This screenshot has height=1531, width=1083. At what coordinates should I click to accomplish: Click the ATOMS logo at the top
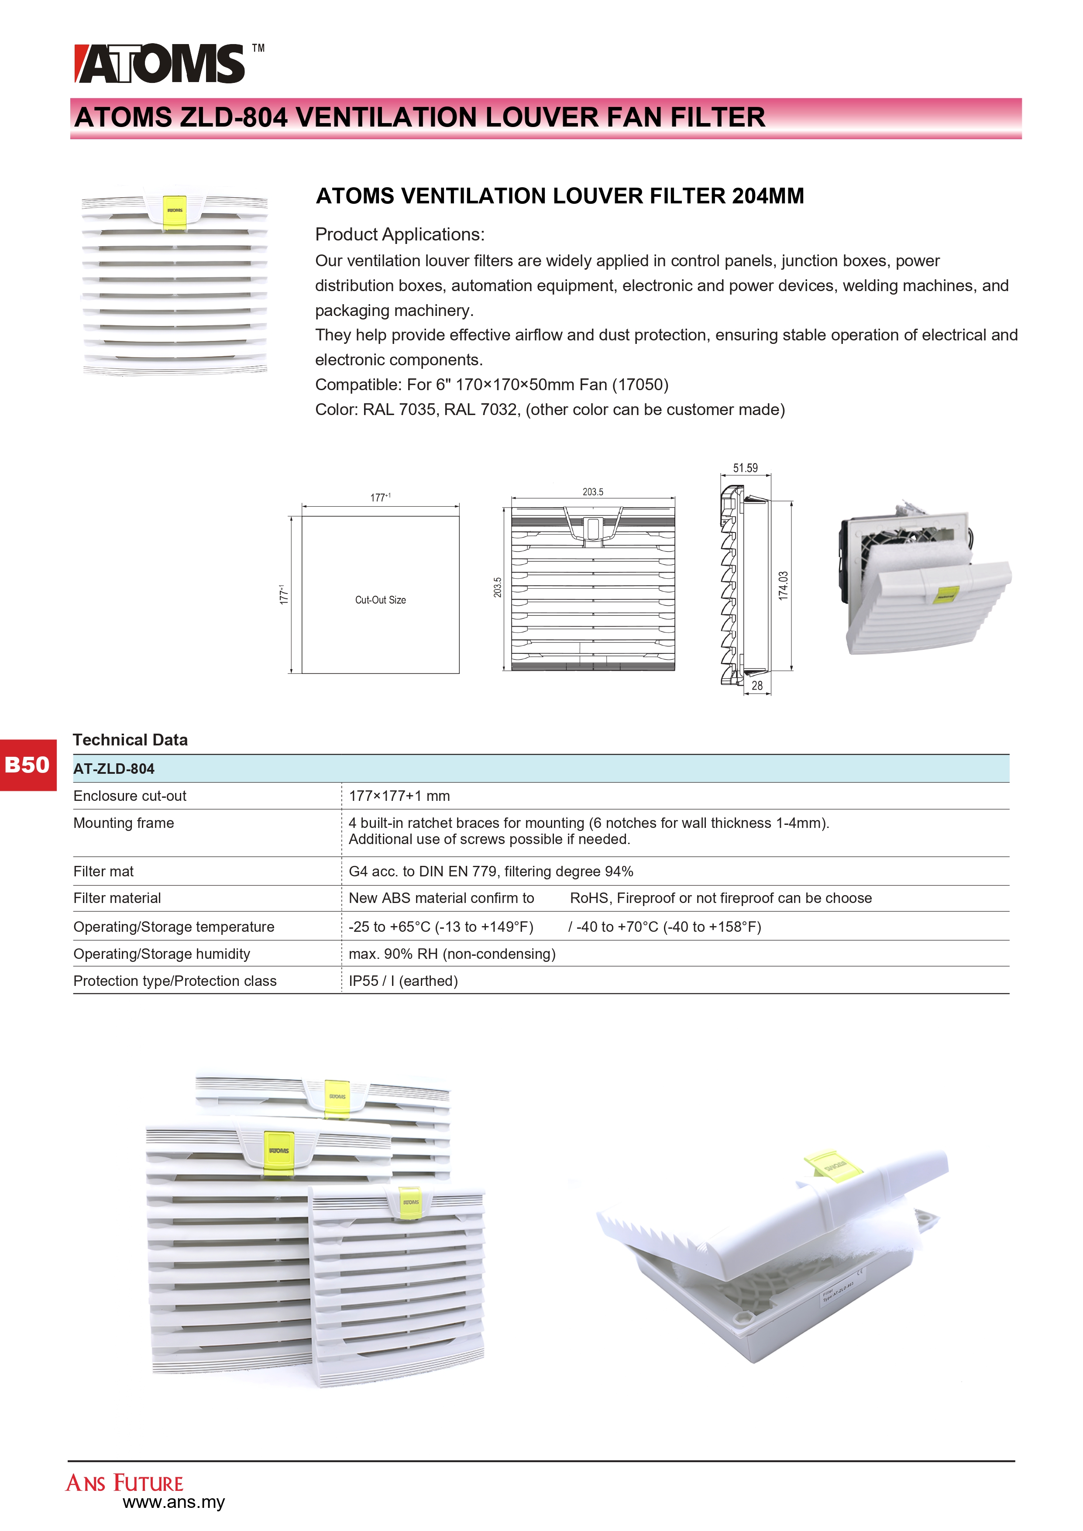coord(160,64)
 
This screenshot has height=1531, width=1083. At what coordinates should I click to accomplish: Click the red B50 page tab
coord(28,764)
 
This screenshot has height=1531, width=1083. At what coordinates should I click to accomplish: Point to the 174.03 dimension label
coord(784,585)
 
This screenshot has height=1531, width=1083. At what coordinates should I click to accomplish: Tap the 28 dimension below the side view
coord(757,686)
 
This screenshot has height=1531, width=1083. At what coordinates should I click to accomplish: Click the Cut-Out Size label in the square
coord(380,600)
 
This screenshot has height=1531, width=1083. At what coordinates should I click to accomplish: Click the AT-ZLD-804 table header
coord(114,769)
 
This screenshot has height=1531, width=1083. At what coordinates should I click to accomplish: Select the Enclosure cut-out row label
coord(130,796)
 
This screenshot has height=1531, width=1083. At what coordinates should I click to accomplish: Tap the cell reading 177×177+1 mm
coord(399,796)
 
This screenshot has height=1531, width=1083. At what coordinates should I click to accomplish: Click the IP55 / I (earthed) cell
coord(403,981)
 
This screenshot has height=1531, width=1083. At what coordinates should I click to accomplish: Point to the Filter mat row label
coord(103,872)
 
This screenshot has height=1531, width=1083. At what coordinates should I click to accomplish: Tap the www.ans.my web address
coord(174,1502)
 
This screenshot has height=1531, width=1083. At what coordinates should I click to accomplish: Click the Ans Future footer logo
coord(125,1483)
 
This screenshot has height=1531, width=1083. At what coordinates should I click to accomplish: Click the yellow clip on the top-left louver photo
coord(175,212)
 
